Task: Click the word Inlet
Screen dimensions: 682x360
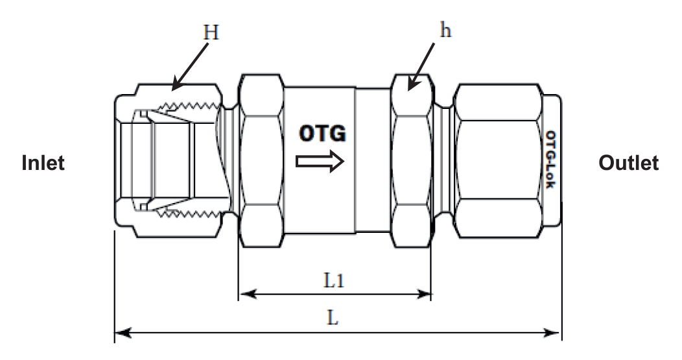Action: pos(43,163)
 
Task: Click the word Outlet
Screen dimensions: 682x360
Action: pos(628,163)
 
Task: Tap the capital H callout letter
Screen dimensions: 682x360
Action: pos(211,32)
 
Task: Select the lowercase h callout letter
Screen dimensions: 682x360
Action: pos(445,30)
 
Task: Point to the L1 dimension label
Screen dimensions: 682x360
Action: pos(334,280)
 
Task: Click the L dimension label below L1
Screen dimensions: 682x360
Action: pos(333,318)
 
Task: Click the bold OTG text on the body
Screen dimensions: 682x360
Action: pos(322,133)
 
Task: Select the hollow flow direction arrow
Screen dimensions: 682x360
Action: pos(320,162)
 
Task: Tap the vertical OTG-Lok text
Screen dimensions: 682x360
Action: pos(550,160)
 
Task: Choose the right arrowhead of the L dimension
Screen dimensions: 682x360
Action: pos(552,333)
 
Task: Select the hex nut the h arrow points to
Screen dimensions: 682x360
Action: pos(412,161)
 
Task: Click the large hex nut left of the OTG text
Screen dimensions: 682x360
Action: pos(261,161)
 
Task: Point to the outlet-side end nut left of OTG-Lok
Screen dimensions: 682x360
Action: pos(499,161)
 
